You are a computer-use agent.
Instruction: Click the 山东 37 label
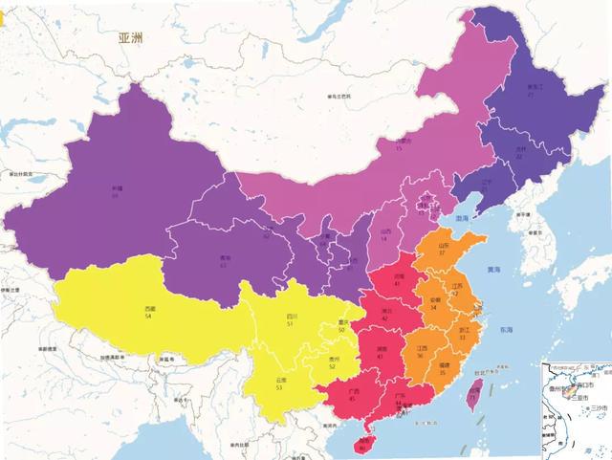(443, 250)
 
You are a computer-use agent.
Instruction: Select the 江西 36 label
(420, 350)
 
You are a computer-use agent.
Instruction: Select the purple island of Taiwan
(471, 392)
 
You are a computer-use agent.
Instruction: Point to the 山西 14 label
(386, 233)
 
